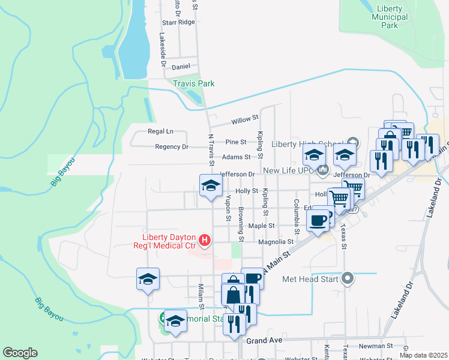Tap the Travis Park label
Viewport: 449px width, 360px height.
194,84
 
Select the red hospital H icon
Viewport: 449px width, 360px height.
205,241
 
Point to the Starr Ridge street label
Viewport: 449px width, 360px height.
178,22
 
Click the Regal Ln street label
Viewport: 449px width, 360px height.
160,131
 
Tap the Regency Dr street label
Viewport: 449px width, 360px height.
171,146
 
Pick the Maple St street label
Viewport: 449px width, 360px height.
261,226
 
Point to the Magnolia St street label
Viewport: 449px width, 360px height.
276,242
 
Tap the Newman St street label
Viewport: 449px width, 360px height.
375,346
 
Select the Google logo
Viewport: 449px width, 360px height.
20,353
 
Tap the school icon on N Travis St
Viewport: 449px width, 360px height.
211,185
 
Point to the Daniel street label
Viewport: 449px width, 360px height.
181,67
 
